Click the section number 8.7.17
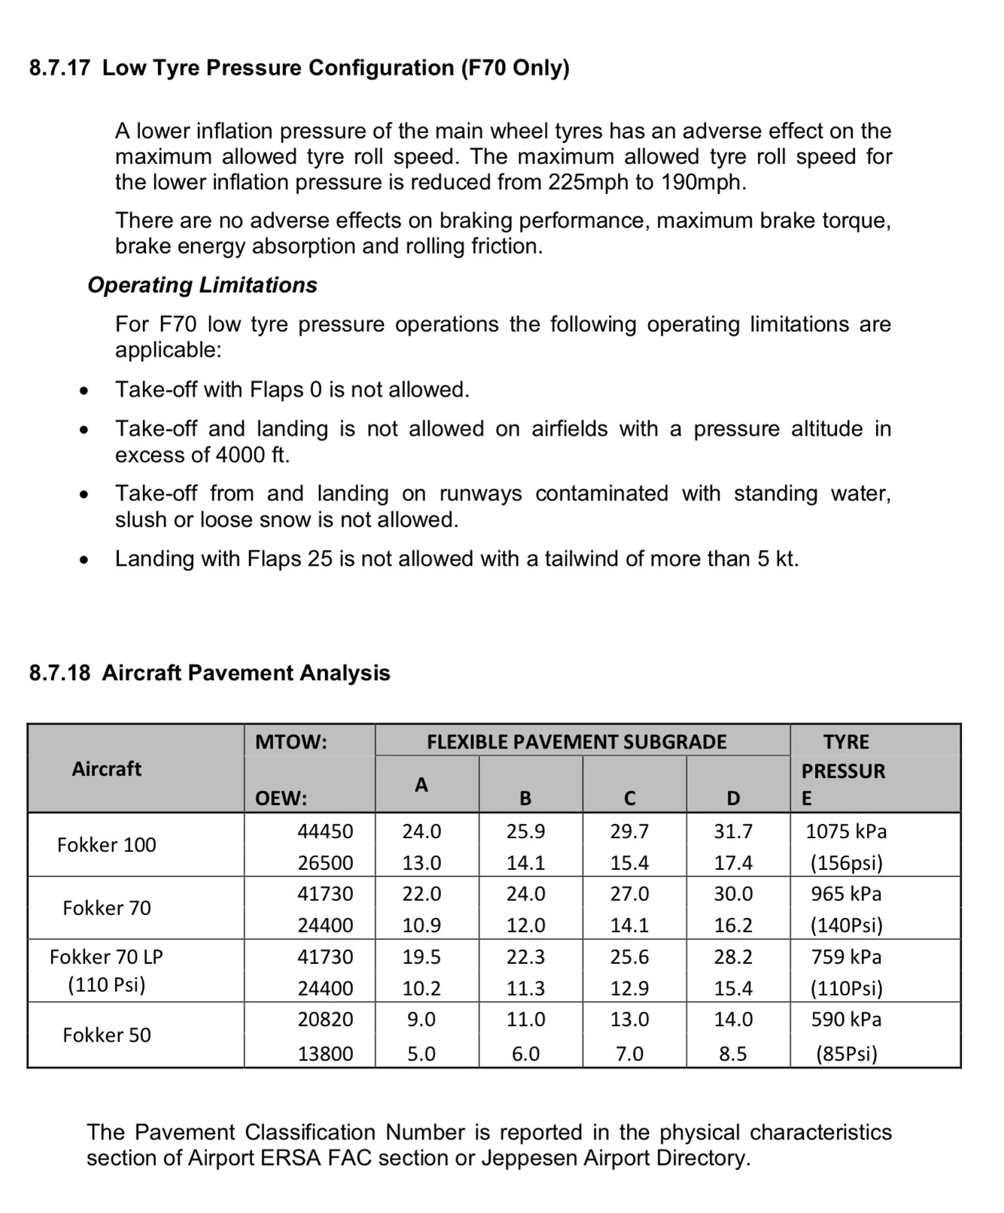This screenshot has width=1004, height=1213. tap(60, 68)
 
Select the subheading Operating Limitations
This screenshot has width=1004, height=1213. tap(202, 285)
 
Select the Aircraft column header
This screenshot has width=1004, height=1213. tap(106, 769)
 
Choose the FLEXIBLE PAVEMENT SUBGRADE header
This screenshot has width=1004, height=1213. tap(577, 742)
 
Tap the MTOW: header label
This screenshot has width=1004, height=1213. tap(291, 742)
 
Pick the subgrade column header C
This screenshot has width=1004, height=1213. tap(630, 798)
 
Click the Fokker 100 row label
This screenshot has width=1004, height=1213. tap(107, 845)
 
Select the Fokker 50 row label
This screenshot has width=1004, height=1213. tap(107, 1035)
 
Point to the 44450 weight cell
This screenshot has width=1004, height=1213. tap(325, 831)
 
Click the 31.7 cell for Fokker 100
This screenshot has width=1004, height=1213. tap(733, 831)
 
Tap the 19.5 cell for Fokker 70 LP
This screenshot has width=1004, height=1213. tap(421, 957)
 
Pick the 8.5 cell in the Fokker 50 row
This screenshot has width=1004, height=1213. tap(733, 1053)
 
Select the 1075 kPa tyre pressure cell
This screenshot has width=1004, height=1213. tap(846, 831)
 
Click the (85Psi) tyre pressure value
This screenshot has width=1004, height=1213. tap(847, 1053)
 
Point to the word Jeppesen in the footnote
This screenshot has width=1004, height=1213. tap(528, 1158)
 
